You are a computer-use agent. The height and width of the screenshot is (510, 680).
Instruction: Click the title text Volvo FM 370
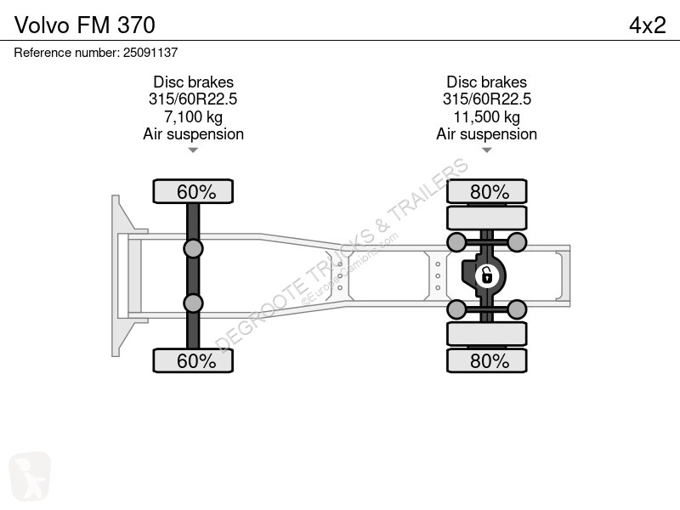click(x=84, y=25)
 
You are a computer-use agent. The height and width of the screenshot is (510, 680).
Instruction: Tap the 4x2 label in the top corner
click(x=647, y=25)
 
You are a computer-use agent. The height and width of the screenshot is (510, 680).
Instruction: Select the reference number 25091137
click(x=150, y=53)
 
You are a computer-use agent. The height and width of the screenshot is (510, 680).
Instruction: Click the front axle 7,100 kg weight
click(x=193, y=116)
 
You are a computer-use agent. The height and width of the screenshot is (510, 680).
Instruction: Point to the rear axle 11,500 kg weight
click(x=486, y=116)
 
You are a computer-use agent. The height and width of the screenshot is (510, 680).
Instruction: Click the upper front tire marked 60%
click(x=193, y=191)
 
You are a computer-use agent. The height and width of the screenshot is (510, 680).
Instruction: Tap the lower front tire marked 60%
click(x=193, y=360)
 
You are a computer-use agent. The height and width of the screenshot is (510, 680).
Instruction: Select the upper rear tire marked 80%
click(x=486, y=191)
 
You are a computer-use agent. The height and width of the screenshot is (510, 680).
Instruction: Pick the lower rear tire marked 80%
click(x=486, y=360)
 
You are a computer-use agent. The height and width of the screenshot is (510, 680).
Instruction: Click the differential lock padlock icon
click(x=486, y=275)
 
